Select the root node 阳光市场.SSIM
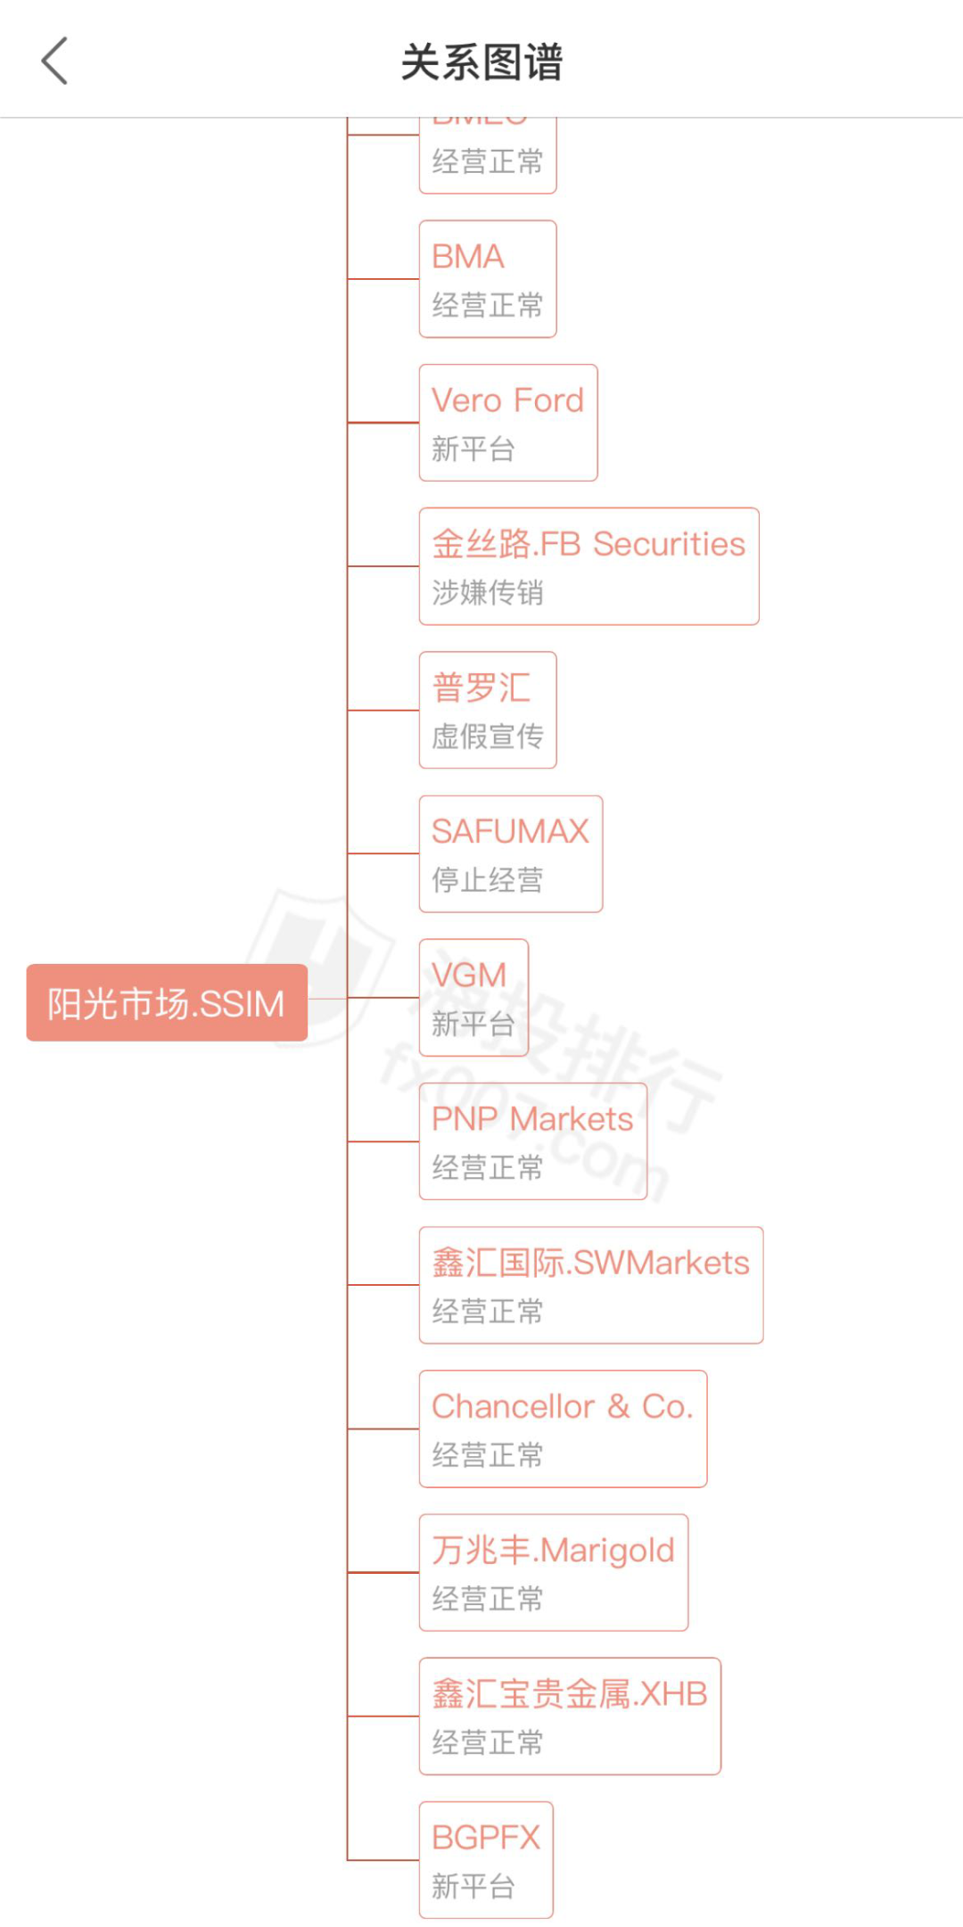coord(167,1003)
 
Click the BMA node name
coord(468,257)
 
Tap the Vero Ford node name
coord(507,400)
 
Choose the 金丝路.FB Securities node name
coord(588,544)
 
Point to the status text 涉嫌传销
coord(488,592)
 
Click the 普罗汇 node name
coord(481,688)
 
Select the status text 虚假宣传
coord(488,737)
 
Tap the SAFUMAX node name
coord(510,831)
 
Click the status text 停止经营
coord(488,880)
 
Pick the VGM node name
coord(469,975)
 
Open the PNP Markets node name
coord(532,1119)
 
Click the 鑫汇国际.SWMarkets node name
coord(590,1263)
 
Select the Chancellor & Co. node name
coord(563,1406)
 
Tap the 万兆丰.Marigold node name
coord(553,1551)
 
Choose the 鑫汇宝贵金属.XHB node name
coord(570,1694)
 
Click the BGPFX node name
coord(486,1838)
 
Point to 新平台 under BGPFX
coord(473,1887)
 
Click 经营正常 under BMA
coord(488,305)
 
